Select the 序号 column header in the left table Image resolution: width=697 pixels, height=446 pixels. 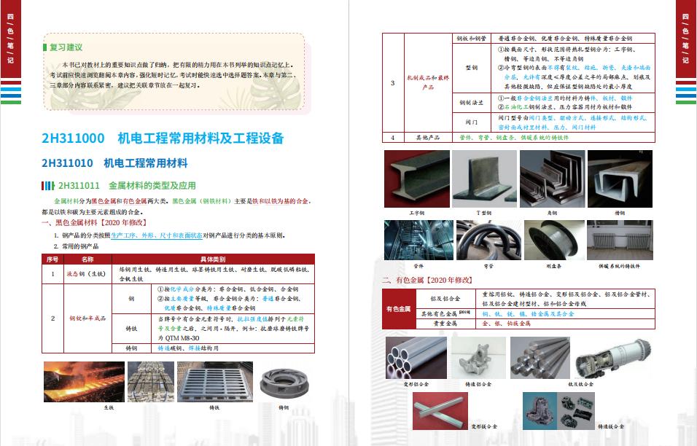point(52,259)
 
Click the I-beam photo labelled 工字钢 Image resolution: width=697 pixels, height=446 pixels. point(416,179)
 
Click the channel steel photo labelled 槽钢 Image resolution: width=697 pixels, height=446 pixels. point(620,179)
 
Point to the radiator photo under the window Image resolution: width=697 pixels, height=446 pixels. point(620,240)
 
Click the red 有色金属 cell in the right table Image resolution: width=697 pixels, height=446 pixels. point(399,308)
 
